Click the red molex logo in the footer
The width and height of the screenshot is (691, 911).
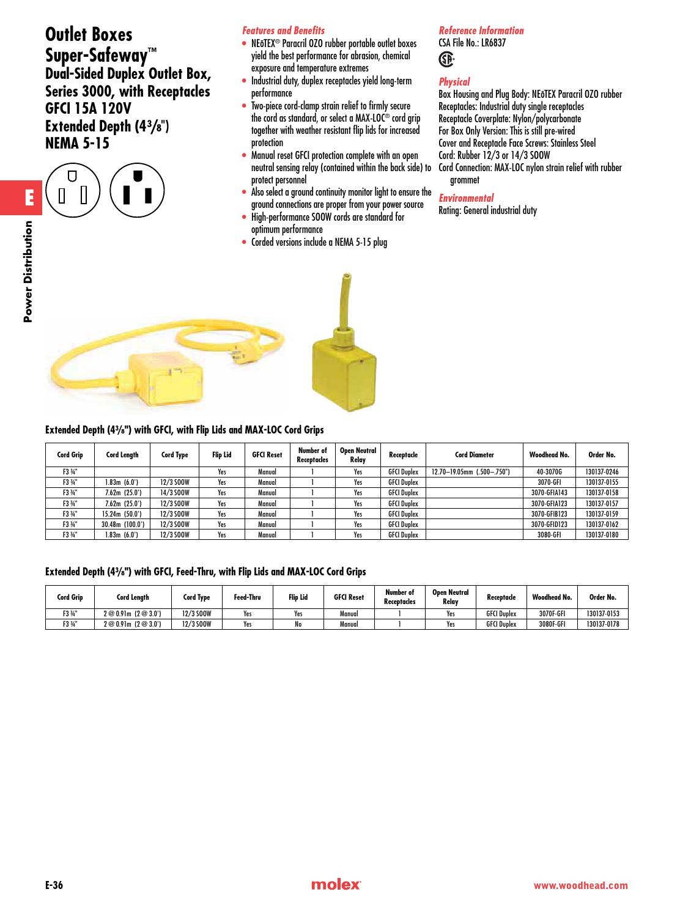pos(336,885)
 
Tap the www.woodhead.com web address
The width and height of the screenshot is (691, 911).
pos(580,885)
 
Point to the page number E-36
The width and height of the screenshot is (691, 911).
pos(54,885)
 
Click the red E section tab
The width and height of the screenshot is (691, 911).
pos(28,197)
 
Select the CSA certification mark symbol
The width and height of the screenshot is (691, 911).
pos(447,59)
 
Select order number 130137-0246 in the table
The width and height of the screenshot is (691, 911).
pos(602,472)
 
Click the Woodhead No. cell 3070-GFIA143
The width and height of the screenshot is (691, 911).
pos(549,493)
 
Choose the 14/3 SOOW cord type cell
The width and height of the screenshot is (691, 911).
pos(175,493)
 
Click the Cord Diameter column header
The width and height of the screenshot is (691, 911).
pos(474,455)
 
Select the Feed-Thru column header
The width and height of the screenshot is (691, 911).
pos(247,597)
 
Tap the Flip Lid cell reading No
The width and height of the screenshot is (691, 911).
pos(298,624)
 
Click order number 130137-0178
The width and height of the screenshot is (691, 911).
pos(602,624)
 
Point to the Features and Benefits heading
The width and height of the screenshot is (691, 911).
pos(283,31)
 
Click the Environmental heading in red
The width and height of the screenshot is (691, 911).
pos(465,198)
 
